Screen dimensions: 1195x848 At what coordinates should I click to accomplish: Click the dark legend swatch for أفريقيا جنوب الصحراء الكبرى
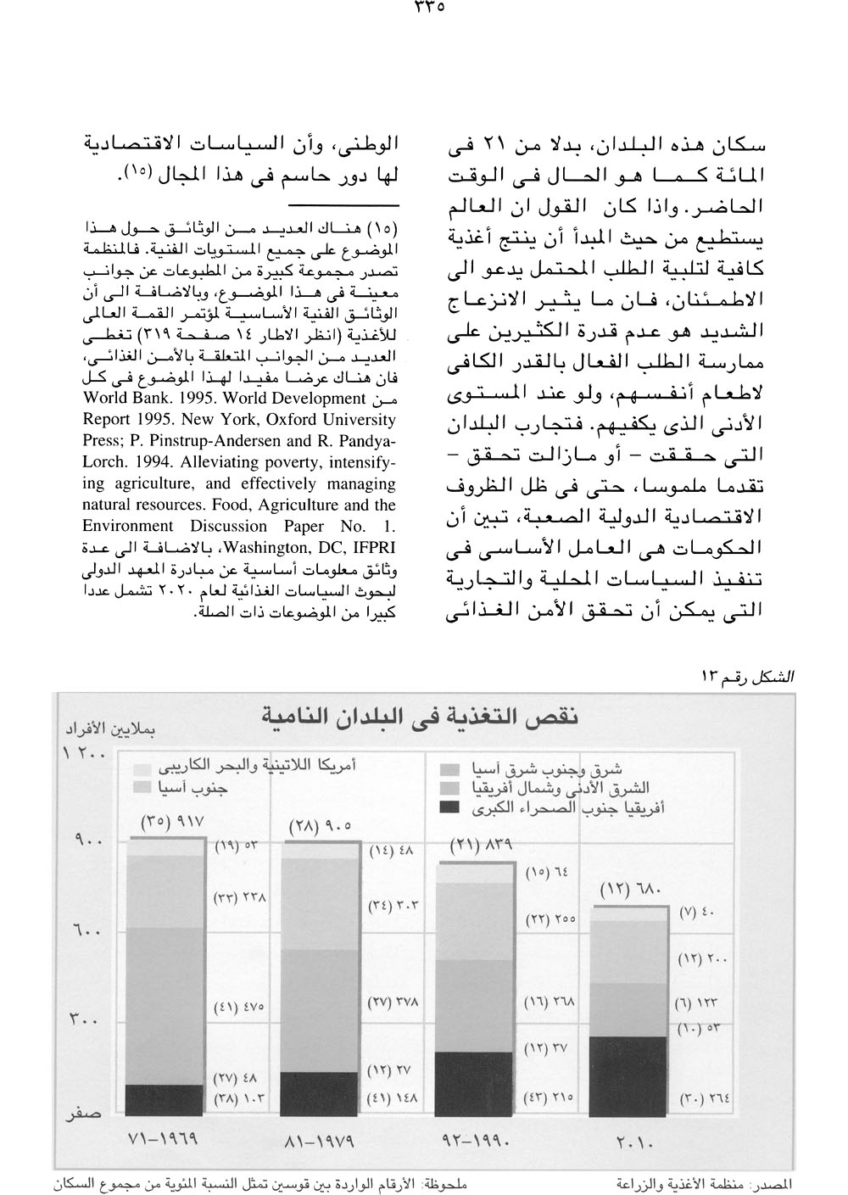[452, 808]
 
